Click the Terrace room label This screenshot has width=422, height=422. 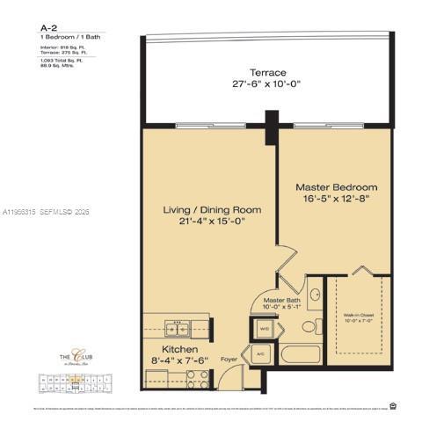267,72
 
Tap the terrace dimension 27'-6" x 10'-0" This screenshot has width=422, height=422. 267,85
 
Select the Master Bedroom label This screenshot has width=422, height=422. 336,187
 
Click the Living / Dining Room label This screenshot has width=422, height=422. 212,210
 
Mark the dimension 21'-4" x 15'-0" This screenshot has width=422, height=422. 212,223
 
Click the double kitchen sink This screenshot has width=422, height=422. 178,330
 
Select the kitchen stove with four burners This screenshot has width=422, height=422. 198,379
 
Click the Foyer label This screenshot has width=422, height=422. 229,359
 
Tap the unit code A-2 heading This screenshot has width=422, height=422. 49,28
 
